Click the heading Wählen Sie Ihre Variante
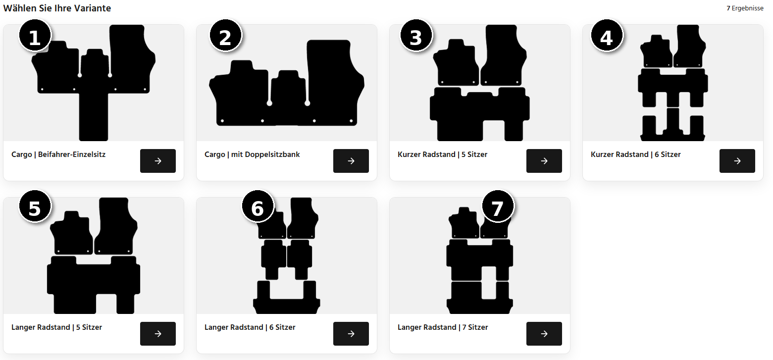click(x=57, y=8)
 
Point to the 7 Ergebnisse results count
click(x=745, y=8)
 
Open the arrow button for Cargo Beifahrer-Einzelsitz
click(x=158, y=161)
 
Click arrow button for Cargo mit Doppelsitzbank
click(x=351, y=161)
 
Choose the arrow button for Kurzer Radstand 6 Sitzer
click(x=737, y=161)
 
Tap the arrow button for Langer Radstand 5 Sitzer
click(x=158, y=334)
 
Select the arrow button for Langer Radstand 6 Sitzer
click(x=351, y=334)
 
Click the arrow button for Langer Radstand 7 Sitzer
click(x=544, y=334)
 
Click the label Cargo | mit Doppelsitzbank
click(x=252, y=154)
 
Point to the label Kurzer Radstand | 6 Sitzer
click(x=635, y=154)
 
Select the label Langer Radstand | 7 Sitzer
click(x=443, y=327)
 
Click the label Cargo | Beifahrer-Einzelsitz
click(x=58, y=154)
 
